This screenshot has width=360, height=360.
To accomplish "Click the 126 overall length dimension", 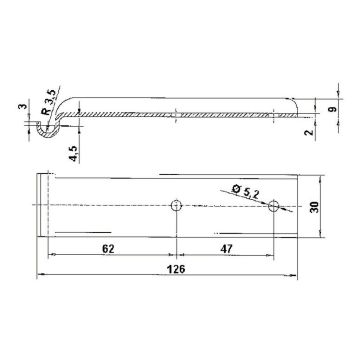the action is pos(176,269).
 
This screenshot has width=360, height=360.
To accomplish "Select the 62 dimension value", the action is pos(108,249).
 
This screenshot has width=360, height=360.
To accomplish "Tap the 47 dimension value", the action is pos(226,249).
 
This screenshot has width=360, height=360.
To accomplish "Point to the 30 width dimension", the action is pos(314,207).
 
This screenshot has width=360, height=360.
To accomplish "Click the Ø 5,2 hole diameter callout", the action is pos(246,191).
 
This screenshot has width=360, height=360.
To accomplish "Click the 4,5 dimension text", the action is pos(74,153).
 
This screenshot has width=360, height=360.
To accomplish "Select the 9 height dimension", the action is pos(333,109).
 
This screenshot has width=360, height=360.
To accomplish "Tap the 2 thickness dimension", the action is pos(310,132).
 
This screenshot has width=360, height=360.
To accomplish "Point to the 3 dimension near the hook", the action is pos(22,106).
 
